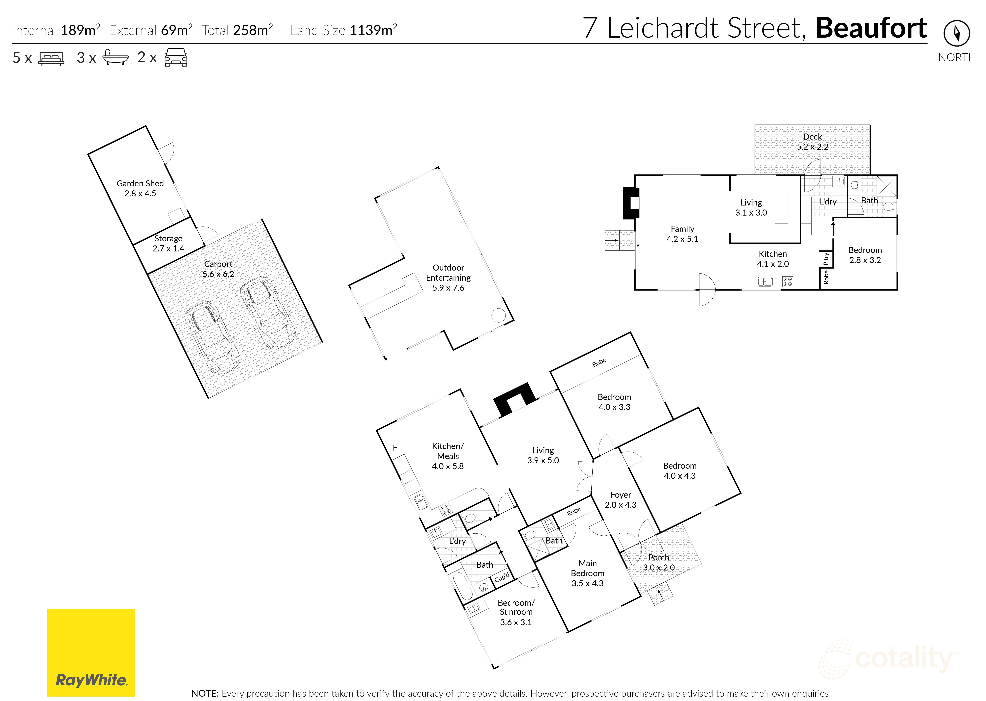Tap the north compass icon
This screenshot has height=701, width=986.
point(957,33)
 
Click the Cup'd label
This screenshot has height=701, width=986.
point(502,577)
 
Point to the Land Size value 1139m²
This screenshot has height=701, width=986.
point(373,30)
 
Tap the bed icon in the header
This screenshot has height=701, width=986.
point(51,58)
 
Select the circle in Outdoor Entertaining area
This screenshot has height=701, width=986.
point(498,316)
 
